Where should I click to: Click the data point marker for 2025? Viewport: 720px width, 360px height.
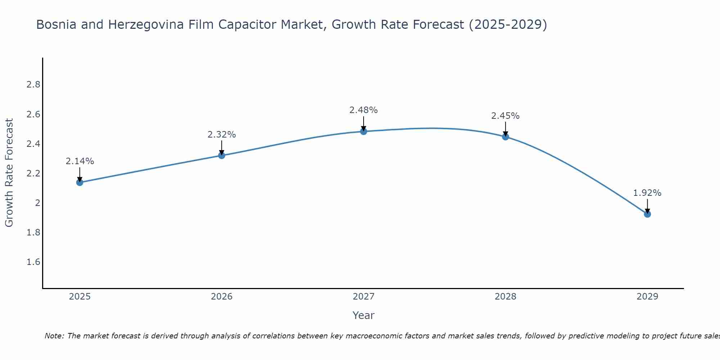click(80, 183)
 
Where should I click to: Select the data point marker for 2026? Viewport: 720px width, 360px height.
click(221, 156)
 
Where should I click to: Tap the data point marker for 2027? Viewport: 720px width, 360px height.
click(364, 131)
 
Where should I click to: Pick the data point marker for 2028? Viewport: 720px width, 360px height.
click(505, 137)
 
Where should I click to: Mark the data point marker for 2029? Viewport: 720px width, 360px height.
click(647, 214)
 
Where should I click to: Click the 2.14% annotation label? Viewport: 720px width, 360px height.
click(80, 161)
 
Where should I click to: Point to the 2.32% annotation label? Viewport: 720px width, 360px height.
click(221, 135)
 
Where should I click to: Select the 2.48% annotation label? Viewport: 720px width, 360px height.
click(364, 110)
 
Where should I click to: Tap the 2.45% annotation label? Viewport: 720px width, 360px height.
click(505, 116)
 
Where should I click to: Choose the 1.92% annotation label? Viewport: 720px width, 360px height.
click(647, 193)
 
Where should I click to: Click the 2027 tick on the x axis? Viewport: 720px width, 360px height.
click(364, 297)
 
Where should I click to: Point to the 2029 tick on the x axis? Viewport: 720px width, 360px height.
click(647, 297)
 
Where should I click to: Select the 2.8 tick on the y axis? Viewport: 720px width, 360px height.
click(33, 85)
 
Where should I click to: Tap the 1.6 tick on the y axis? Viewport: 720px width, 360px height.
click(33, 262)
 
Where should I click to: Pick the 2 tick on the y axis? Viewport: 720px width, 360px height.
click(37, 203)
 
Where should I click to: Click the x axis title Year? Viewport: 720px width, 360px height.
click(364, 315)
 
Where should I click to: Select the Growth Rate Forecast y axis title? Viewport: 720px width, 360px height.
click(9, 173)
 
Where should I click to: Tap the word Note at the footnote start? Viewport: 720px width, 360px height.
click(54, 336)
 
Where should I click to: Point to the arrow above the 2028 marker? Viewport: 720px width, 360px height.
click(505, 129)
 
